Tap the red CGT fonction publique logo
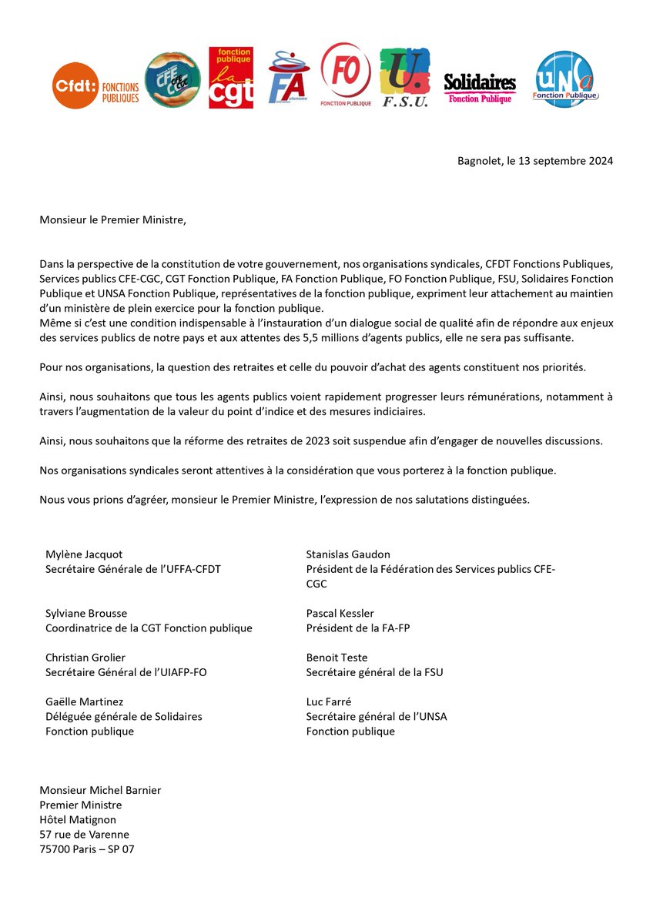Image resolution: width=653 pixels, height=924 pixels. (231, 78)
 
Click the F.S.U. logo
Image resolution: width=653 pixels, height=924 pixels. (405, 78)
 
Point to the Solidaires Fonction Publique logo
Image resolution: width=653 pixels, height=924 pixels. (480, 88)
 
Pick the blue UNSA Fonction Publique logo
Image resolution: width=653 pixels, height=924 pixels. (565, 79)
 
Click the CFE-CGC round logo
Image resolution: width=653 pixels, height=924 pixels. (172, 80)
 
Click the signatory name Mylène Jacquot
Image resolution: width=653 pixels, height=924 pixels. (84, 554)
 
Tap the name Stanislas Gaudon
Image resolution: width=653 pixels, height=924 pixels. (348, 554)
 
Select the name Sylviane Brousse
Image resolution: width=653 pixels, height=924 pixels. (86, 614)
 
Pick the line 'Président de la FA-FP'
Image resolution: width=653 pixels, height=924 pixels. (358, 628)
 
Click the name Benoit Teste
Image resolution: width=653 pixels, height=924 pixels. (337, 658)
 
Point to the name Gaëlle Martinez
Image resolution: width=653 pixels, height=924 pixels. (84, 701)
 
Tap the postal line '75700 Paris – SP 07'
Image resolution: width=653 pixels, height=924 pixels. (92, 849)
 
